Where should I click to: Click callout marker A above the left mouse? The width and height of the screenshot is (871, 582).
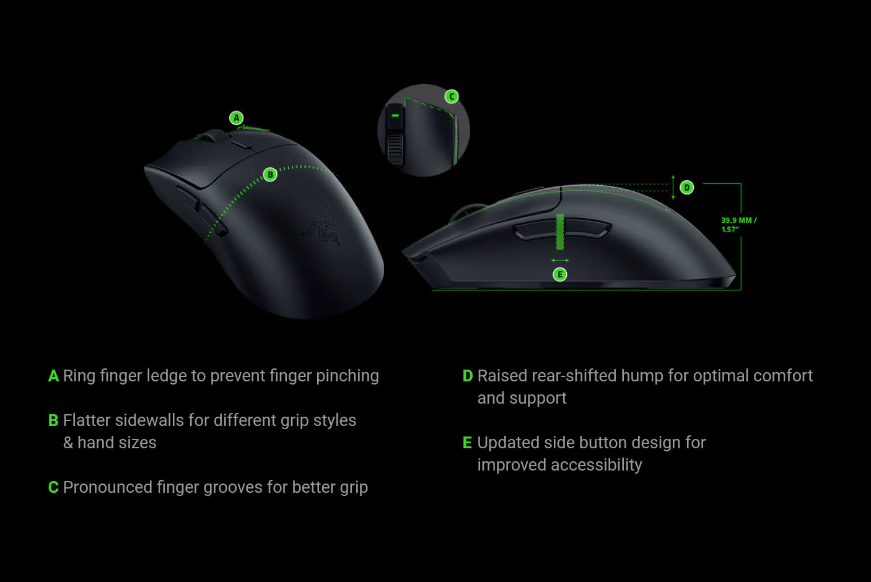coord(237,118)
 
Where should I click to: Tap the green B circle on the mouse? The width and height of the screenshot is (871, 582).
coord(270,175)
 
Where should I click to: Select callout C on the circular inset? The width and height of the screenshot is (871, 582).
coord(452,97)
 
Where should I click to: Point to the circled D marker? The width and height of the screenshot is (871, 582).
coord(686,188)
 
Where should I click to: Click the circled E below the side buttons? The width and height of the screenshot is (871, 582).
coord(560,275)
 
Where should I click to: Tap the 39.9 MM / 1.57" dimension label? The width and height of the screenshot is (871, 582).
coord(739,225)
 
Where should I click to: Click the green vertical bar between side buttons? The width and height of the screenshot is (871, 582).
coord(560,232)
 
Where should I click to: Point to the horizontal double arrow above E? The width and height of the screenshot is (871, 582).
coord(560,260)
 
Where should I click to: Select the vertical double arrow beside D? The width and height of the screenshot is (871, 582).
coord(673,188)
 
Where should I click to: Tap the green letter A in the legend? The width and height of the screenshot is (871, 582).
coord(53,376)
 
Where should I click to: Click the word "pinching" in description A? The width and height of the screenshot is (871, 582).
coord(348,376)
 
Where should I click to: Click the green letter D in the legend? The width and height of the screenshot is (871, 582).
coord(467,376)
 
